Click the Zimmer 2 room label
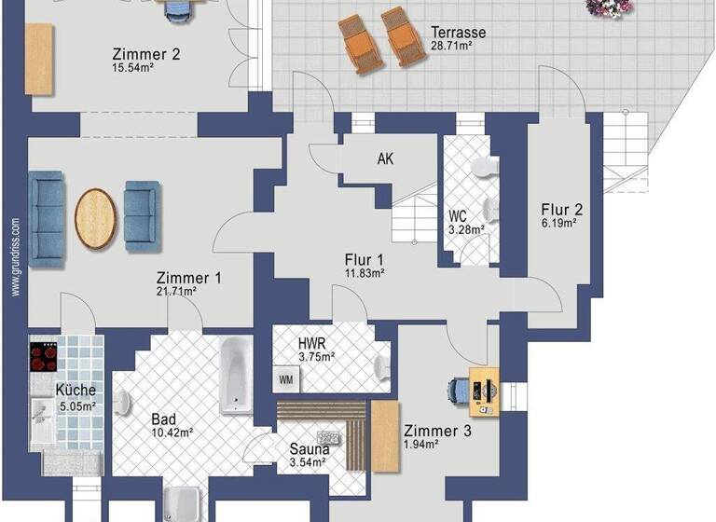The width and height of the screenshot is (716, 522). click(145, 53)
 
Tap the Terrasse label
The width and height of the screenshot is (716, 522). click(458, 32)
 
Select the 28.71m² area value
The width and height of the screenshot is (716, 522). click(458, 45)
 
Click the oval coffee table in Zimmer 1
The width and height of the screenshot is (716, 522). click(96, 218)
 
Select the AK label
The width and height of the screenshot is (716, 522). click(385, 158)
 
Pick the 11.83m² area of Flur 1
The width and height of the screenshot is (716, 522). click(365, 273)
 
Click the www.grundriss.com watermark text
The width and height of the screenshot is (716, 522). click(16, 257)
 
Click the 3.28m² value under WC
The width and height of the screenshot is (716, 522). click(465, 229)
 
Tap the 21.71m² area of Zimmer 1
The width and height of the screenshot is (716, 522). click(176, 292)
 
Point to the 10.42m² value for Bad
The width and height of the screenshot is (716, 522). click(172, 433)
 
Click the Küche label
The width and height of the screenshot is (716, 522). click(76, 391)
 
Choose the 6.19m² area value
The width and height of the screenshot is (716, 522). click(559, 223)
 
